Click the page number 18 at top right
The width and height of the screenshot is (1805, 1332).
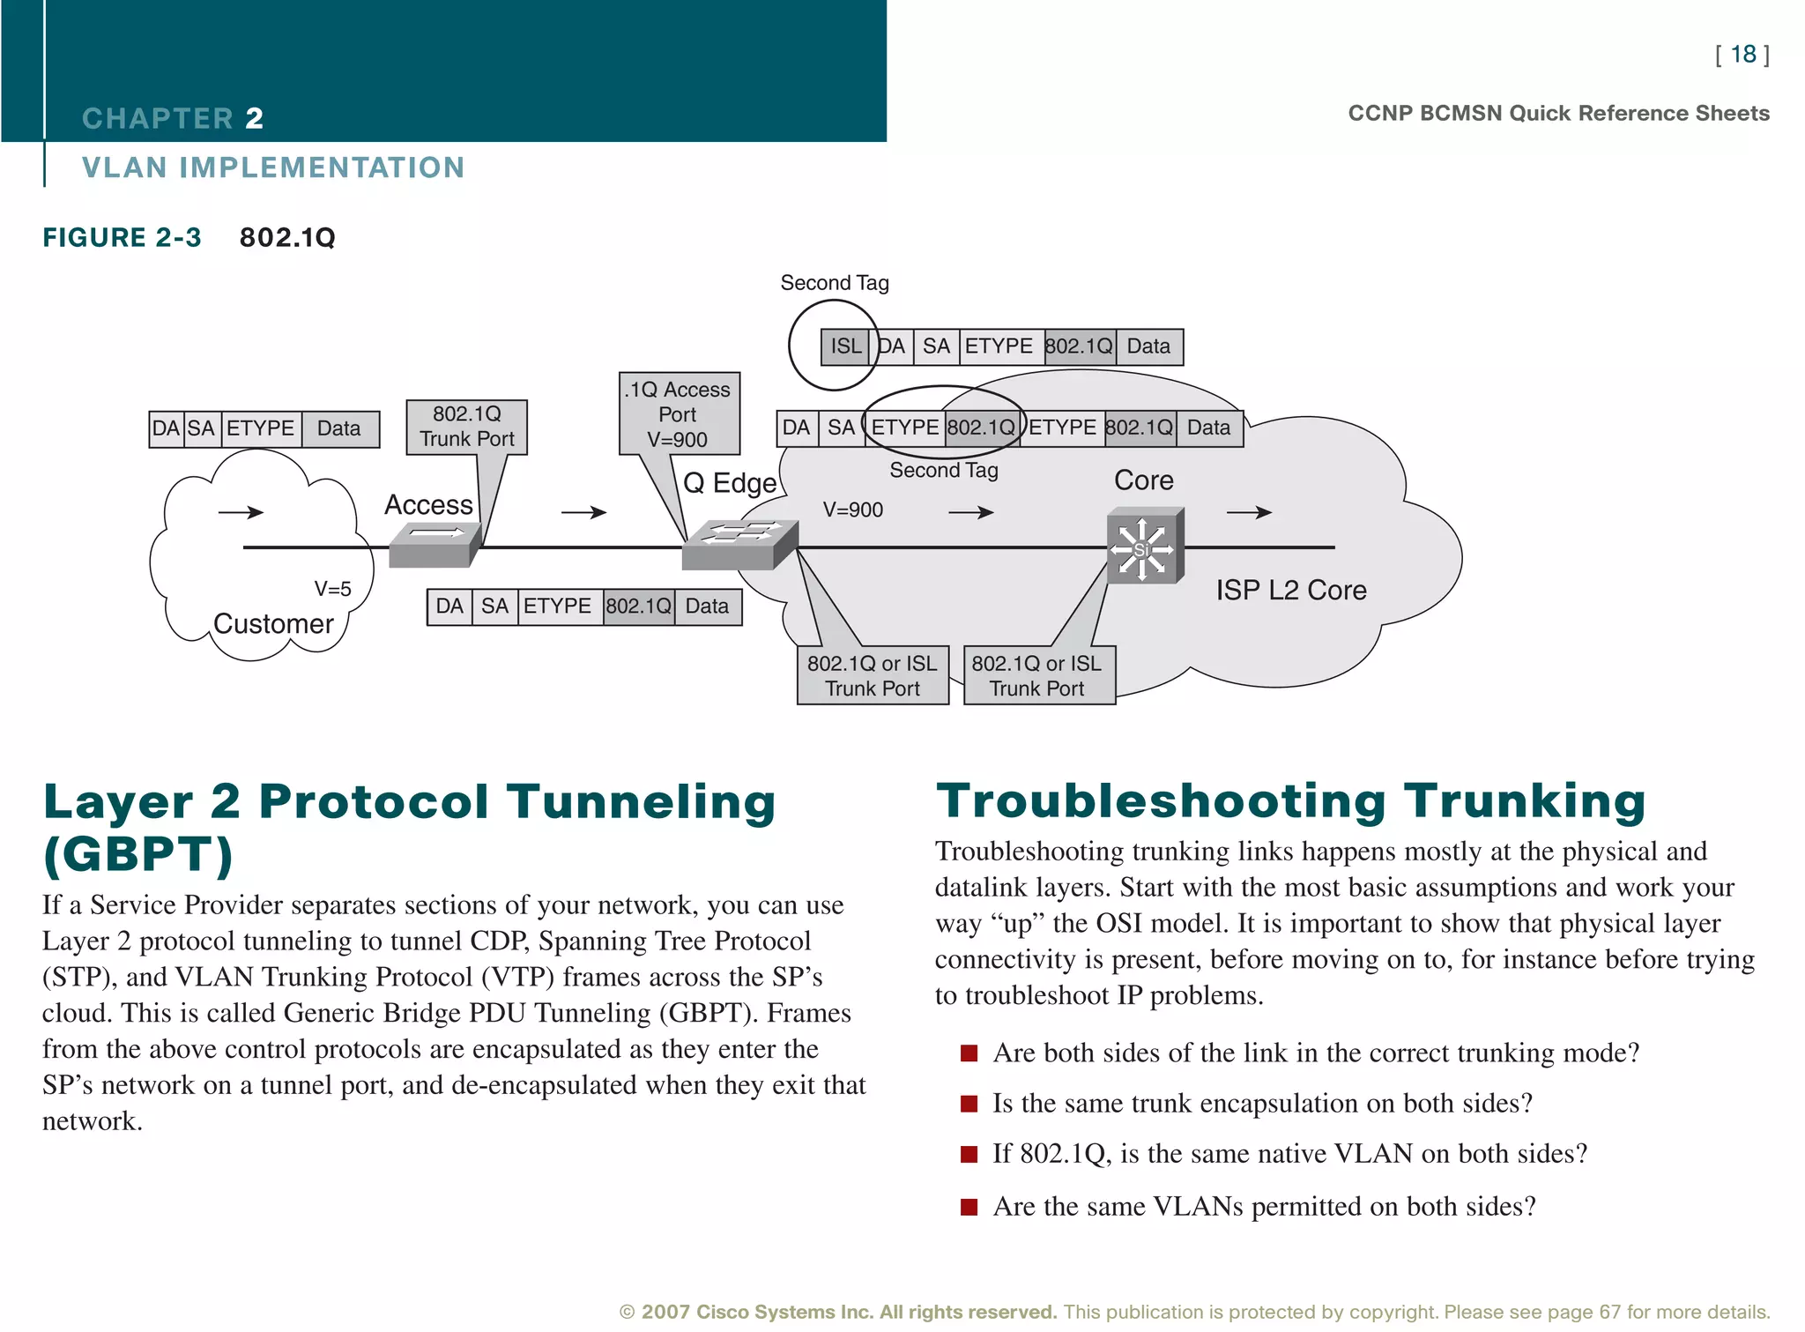tap(1742, 55)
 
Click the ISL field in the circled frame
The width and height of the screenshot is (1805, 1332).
tap(845, 346)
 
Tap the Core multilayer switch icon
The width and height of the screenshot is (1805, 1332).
tap(1144, 546)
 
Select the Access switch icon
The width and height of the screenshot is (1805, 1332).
tap(435, 544)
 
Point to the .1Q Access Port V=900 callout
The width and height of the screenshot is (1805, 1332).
tap(678, 413)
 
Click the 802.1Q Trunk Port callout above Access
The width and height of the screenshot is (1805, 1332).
tap(466, 427)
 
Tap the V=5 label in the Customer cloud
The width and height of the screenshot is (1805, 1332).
tap(332, 589)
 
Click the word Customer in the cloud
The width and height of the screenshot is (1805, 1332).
tap(273, 624)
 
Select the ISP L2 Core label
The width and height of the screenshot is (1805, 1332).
tap(1290, 590)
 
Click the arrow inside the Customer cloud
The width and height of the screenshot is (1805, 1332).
tap(241, 512)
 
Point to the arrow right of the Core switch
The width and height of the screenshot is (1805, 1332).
tap(1249, 512)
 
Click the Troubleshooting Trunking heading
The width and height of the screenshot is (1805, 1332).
tap(1290, 801)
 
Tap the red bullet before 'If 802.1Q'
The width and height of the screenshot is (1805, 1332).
tap(969, 1154)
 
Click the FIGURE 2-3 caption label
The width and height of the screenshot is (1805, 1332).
tap(122, 238)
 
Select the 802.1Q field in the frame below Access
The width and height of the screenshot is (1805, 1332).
tap(638, 606)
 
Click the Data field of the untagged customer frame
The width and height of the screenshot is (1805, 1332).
tap(339, 429)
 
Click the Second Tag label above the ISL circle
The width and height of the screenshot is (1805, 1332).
tap(834, 283)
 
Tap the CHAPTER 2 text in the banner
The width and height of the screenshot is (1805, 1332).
tap(173, 118)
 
